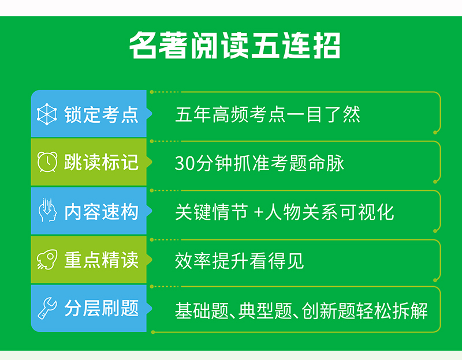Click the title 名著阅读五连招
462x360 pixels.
[235, 45]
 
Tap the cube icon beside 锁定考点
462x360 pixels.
[47, 114]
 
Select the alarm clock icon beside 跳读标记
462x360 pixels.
[47, 162]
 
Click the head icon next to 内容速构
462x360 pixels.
[47, 210]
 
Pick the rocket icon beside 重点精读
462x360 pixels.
[47, 260]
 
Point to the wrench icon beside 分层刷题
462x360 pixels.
[47, 308]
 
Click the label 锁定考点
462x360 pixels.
[102, 114]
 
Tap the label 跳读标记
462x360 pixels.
[102, 162]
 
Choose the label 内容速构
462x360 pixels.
[102, 212]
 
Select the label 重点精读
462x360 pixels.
[102, 260]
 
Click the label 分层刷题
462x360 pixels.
[102, 308]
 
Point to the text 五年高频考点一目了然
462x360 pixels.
[267, 114]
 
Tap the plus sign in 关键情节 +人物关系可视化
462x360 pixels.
[258, 212]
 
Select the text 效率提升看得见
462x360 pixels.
[239, 261]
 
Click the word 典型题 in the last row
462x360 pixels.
[265, 311]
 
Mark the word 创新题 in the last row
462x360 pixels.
[329, 311]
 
